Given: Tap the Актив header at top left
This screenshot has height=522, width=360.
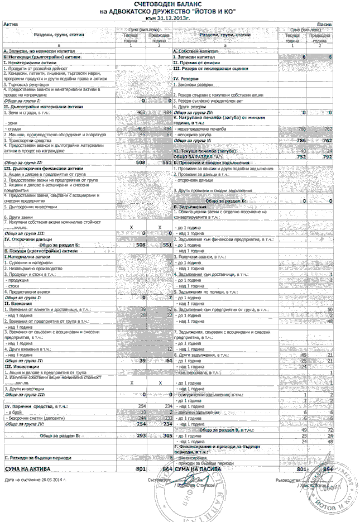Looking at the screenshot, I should (11, 25).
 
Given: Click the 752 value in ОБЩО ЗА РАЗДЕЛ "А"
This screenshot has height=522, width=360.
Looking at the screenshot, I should (302, 157).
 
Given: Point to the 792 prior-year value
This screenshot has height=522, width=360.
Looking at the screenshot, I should (327, 157).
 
